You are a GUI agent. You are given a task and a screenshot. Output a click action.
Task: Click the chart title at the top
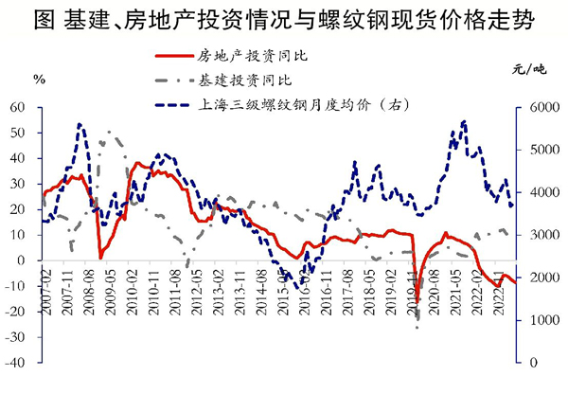pos(283,20)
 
